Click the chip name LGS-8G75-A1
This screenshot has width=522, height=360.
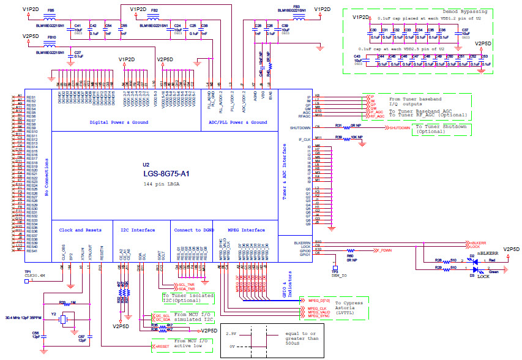click(x=166, y=174)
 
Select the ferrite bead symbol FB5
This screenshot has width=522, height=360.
click(x=50, y=17)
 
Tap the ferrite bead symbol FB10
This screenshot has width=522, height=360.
click(x=51, y=43)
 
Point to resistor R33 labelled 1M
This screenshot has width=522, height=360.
click(x=69, y=303)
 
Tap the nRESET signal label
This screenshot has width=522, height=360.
click(x=162, y=347)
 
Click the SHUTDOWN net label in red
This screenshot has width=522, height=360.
click(x=399, y=128)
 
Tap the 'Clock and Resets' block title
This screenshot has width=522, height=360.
click(x=80, y=230)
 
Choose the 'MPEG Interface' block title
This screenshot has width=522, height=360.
click(x=246, y=230)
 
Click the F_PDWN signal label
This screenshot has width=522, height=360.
click(x=384, y=250)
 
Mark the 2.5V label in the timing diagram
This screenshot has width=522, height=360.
click(x=229, y=334)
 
